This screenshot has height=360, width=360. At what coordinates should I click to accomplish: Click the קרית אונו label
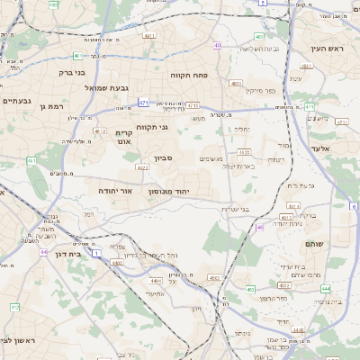point(124,136)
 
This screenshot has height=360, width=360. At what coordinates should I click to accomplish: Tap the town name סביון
point(163,158)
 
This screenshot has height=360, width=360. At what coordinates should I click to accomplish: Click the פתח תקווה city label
point(191,76)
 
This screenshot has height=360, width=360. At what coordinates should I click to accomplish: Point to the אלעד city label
point(319,148)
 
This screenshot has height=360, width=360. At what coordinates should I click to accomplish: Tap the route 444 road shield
point(325,289)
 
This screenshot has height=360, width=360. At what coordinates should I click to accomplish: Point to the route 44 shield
point(43,252)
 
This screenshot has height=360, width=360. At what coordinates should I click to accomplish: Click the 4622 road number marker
point(142,167)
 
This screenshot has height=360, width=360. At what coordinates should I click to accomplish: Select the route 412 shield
point(14,308)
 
